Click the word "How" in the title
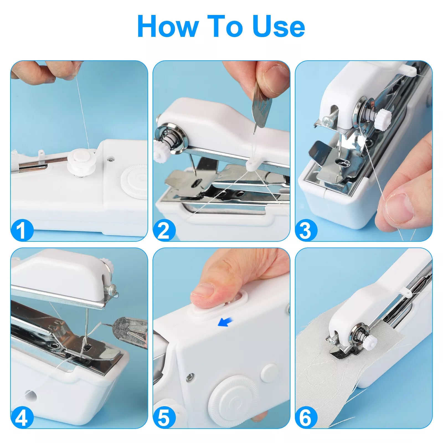(x=168, y=27)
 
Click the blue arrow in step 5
(x=225, y=322)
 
